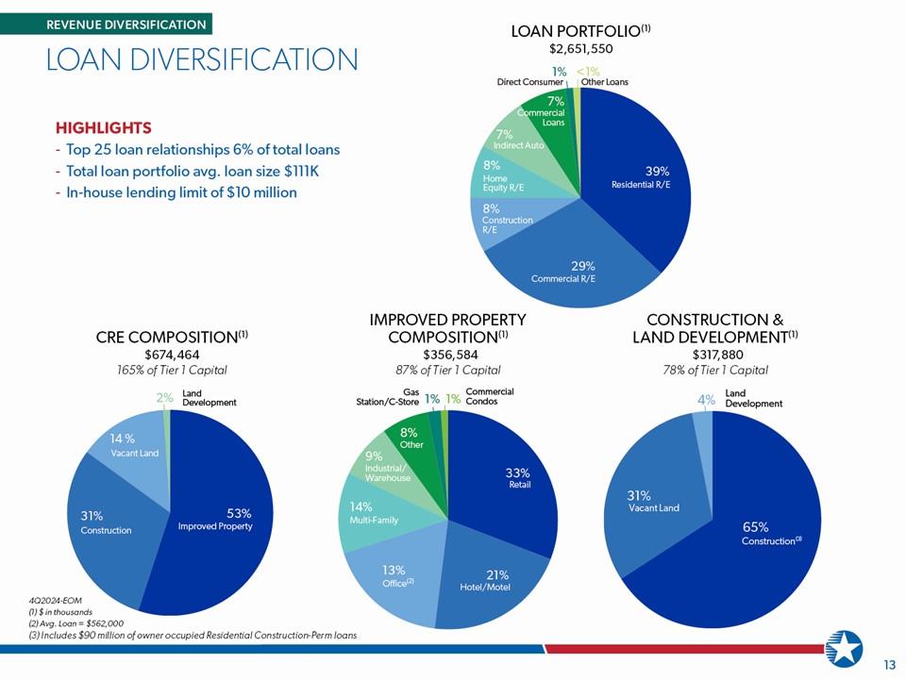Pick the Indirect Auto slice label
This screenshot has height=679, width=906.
point(519,141)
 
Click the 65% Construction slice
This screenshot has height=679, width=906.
point(751,537)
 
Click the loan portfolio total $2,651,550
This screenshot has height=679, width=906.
point(580,48)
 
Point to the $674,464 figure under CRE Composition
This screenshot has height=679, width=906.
point(172,355)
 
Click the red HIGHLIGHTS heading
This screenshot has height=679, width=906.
point(104,127)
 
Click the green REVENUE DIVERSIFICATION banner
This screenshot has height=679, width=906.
point(107,25)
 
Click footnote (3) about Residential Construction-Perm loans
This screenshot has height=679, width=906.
point(193,635)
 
